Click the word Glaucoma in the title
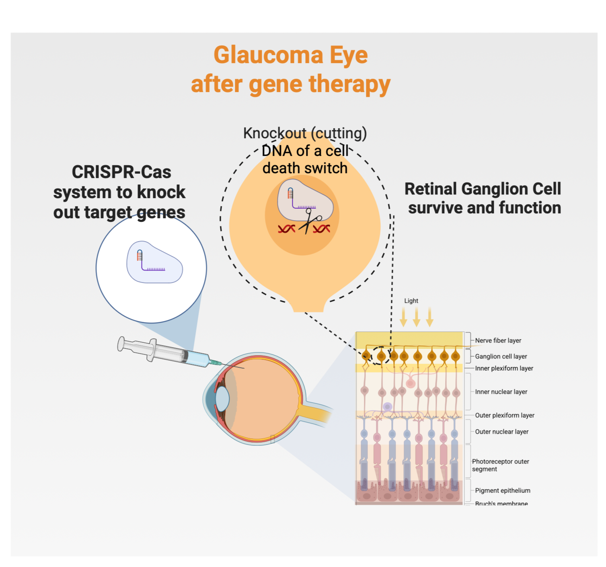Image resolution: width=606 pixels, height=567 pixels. (x=268, y=55)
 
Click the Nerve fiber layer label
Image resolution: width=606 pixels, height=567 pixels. (x=498, y=340)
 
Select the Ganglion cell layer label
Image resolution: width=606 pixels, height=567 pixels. (x=501, y=356)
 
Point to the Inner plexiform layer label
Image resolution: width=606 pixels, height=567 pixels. (x=504, y=368)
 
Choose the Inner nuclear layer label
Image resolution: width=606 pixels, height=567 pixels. (x=501, y=392)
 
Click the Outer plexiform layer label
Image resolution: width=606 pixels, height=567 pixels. (x=504, y=415)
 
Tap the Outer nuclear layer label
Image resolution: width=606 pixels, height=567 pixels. (x=501, y=432)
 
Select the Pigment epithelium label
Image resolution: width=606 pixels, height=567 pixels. (x=502, y=490)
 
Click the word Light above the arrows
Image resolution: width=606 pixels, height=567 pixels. (x=411, y=301)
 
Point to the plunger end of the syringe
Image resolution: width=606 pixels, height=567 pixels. (x=121, y=344)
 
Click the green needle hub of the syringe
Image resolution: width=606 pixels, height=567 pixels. (x=216, y=362)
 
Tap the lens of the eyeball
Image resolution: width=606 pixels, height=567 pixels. (x=222, y=399)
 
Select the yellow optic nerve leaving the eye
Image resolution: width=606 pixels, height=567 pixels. (x=314, y=413)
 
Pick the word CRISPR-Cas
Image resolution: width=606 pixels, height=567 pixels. (x=121, y=172)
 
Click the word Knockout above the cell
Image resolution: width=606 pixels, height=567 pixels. (x=275, y=133)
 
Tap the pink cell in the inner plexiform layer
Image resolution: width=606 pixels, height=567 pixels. (x=411, y=383)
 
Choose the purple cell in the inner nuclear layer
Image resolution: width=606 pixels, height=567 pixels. (x=387, y=407)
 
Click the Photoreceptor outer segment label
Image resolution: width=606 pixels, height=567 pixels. (x=500, y=465)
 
